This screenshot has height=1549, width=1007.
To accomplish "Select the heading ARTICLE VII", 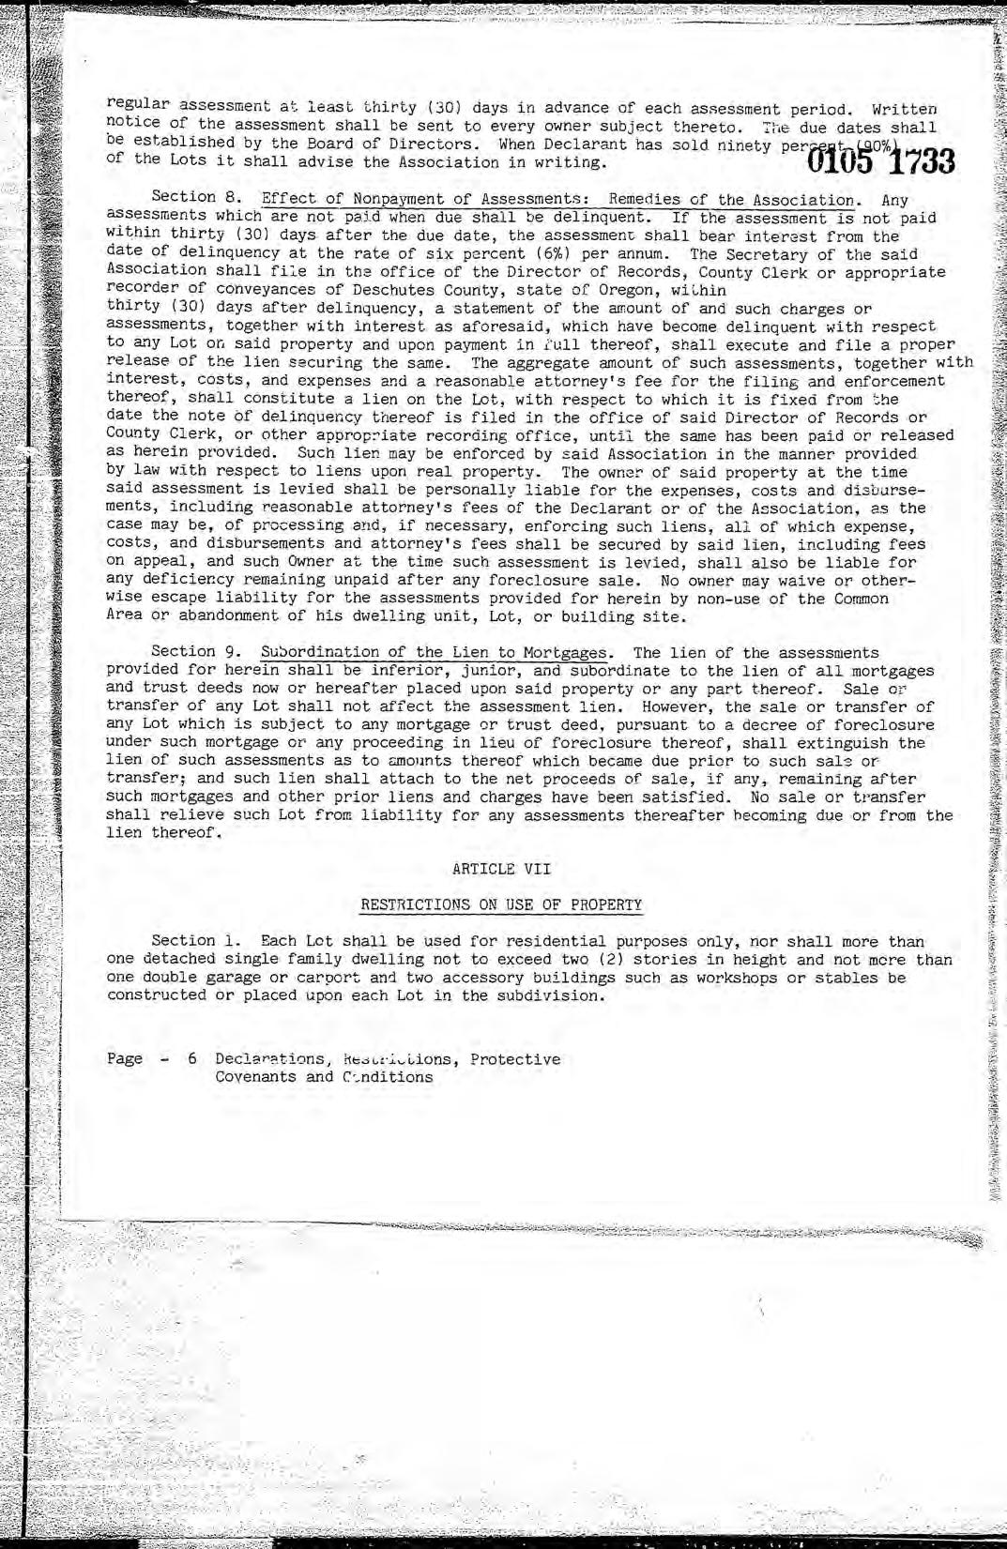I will (x=501, y=869).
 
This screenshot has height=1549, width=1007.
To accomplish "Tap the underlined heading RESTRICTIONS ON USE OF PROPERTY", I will (x=501, y=905).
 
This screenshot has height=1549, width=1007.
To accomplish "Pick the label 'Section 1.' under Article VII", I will (x=197, y=941).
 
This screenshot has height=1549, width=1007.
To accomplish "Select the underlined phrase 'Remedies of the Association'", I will (x=731, y=200).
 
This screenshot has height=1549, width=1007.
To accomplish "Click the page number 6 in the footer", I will (x=192, y=1059).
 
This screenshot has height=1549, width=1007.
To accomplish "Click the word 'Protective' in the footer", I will (x=515, y=1059).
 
